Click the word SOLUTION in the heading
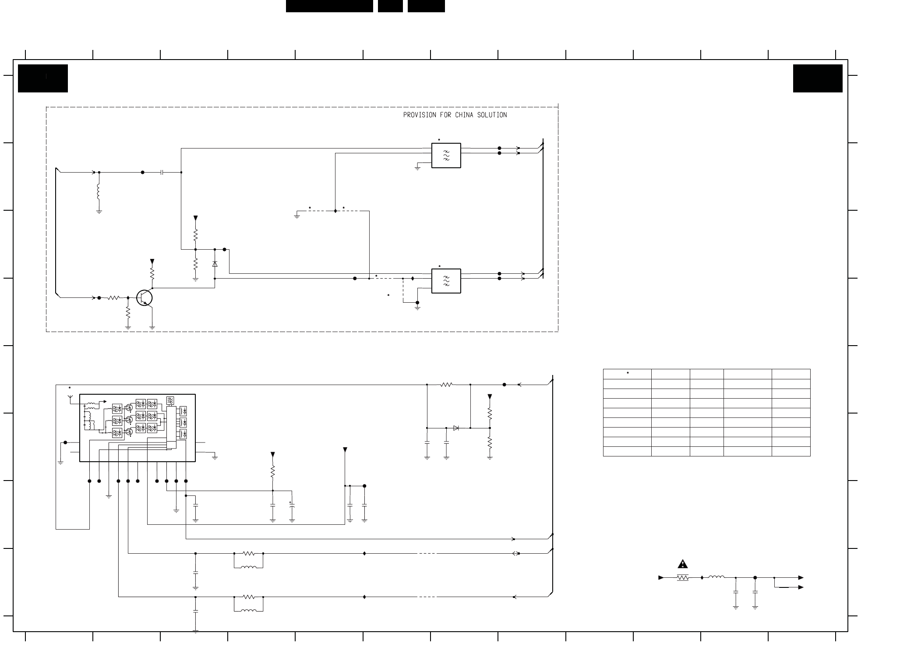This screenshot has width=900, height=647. (492, 115)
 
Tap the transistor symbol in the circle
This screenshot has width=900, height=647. (145, 298)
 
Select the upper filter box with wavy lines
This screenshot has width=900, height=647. (446, 156)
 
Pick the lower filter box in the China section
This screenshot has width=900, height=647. (446, 281)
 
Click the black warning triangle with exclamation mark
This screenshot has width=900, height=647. (682, 564)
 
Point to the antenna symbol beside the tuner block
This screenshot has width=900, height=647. (70, 398)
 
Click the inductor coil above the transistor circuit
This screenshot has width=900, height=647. (99, 191)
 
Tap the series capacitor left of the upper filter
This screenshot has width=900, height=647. (162, 173)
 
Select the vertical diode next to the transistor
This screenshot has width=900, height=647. (215, 264)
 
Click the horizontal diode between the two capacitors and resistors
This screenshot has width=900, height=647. (456, 428)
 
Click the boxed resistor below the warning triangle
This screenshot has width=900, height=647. (682, 578)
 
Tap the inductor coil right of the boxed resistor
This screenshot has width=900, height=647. (716, 577)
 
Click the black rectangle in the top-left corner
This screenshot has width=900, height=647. (43, 78)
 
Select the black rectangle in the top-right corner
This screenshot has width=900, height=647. (818, 78)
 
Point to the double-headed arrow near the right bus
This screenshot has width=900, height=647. (516, 554)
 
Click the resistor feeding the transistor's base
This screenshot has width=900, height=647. (113, 298)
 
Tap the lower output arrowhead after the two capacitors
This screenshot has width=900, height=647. (801, 587)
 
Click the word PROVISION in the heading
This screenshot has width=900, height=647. (420, 115)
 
